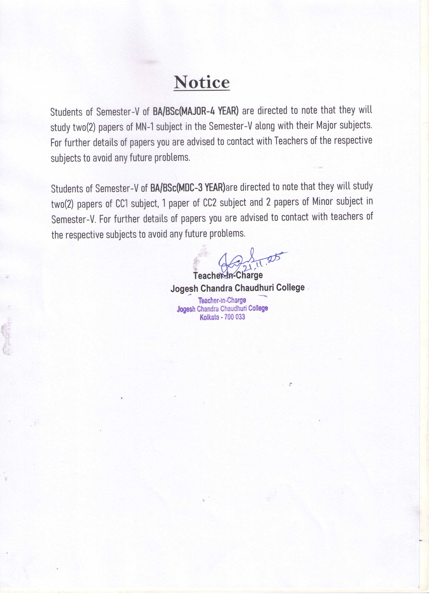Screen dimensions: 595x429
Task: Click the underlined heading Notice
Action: pos(202,82)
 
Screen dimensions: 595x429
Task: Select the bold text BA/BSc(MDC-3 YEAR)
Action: pos(188,188)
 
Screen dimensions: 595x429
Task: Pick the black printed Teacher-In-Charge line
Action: pos(228,275)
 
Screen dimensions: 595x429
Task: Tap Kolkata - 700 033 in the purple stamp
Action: pos(222,317)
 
